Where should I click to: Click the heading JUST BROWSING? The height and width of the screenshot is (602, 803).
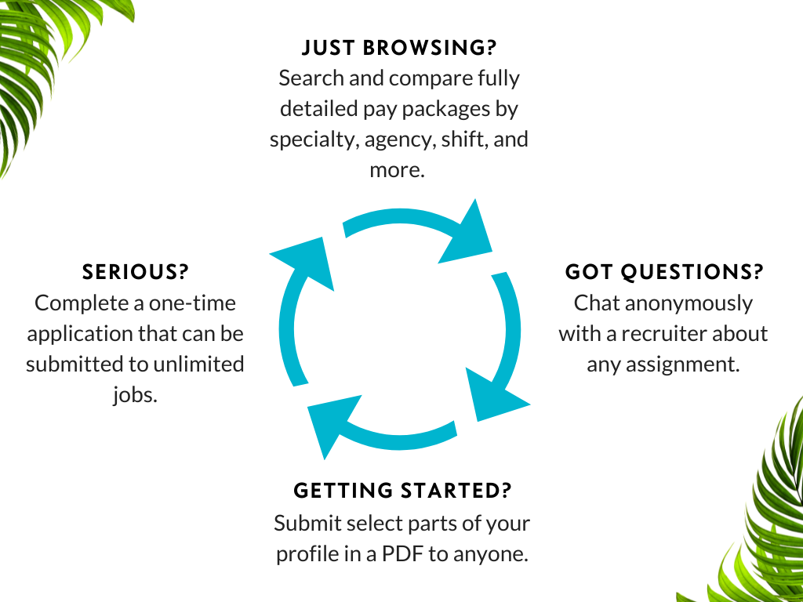[399, 48]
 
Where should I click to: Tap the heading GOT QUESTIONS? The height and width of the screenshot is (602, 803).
[664, 272]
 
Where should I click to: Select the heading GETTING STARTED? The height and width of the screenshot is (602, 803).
[402, 491]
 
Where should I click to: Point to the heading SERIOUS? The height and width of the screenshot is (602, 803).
[136, 272]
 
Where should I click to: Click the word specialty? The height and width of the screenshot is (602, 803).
[307, 139]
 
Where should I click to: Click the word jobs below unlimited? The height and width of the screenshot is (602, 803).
[136, 394]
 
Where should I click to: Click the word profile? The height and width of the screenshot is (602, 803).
[307, 553]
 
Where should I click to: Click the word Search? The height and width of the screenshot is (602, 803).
[311, 78]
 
